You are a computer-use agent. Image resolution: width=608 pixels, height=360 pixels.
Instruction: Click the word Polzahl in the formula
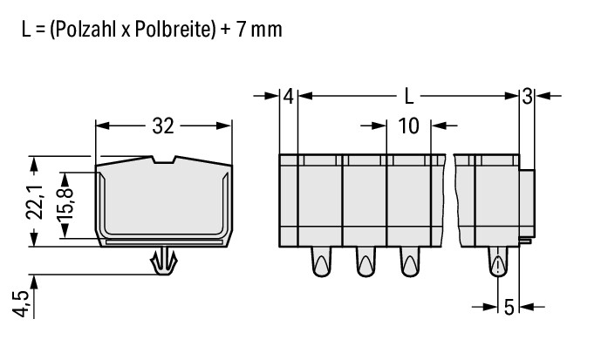point(85,30)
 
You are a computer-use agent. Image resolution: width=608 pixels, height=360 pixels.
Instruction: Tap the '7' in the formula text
point(241,31)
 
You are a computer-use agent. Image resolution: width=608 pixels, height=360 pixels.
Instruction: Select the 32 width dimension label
point(163,126)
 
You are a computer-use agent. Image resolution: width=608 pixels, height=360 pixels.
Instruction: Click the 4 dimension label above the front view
point(289,96)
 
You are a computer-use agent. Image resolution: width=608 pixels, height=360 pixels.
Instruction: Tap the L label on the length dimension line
point(409,96)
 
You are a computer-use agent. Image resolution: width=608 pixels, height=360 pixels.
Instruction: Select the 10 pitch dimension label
point(408,126)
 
